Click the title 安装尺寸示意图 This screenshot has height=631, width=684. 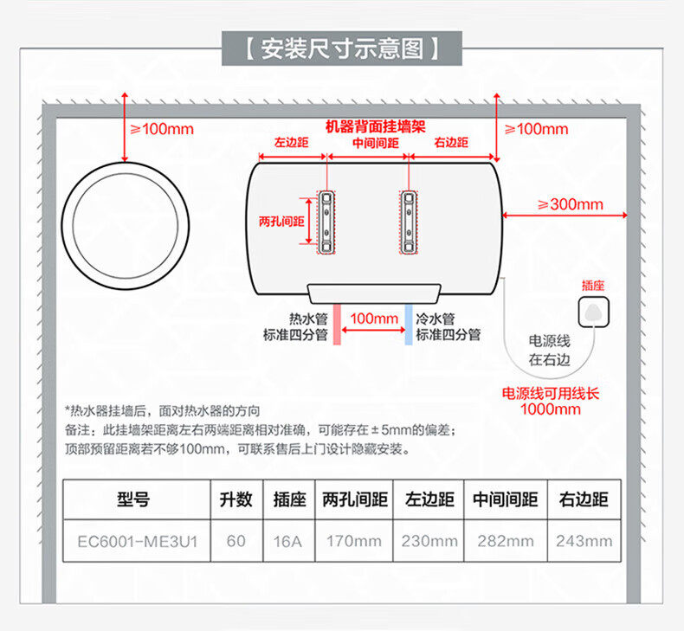click(x=341, y=49)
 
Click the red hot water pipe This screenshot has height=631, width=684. click(x=338, y=325)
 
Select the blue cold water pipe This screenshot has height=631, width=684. click(x=409, y=325)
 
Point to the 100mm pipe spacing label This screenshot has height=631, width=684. click(x=373, y=319)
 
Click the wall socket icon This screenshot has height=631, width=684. click(x=594, y=312)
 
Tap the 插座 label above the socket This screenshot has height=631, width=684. click(x=593, y=285)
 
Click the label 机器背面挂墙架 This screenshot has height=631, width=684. click(x=375, y=126)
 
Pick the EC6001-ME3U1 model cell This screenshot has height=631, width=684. click(x=138, y=542)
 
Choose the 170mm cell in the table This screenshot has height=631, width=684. click(x=353, y=542)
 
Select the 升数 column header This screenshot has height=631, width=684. click(x=236, y=499)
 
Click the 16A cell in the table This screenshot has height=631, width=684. click(x=287, y=542)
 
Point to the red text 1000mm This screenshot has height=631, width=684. click(x=551, y=409)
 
